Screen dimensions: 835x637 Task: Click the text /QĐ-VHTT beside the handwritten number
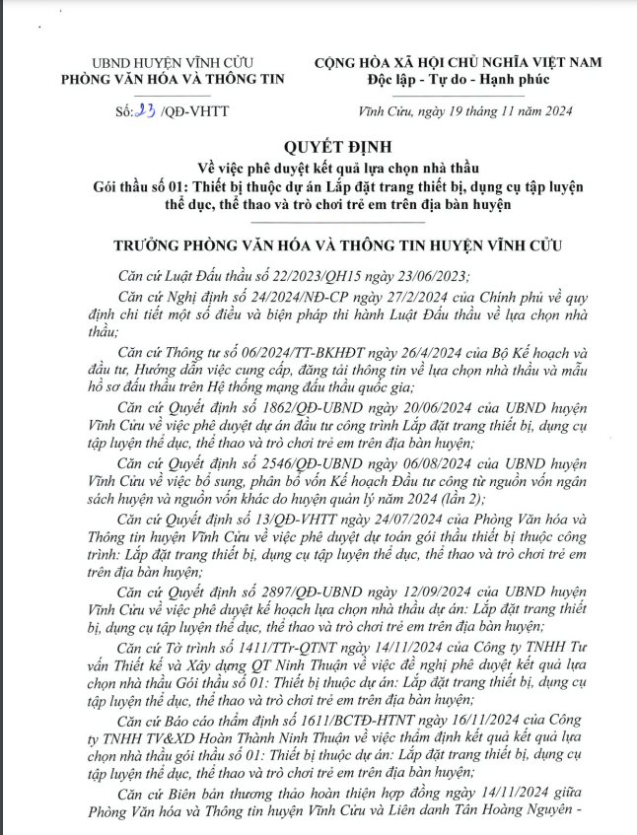click(x=194, y=111)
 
